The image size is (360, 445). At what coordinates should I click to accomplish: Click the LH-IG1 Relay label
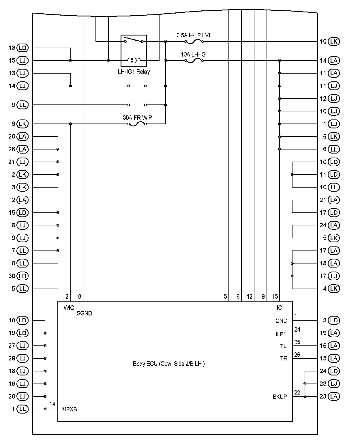(x=134, y=72)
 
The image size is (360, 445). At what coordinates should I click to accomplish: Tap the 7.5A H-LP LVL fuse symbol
(x=194, y=42)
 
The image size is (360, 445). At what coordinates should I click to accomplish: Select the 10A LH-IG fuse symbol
(x=194, y=61)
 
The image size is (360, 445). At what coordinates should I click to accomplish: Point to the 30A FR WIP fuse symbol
(x=137, y=124)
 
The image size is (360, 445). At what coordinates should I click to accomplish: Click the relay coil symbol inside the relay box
(x=134, y=60)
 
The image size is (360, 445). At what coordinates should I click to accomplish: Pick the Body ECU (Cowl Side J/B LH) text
(x=169, y=364)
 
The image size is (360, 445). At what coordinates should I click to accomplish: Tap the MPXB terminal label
(x=70, y=409)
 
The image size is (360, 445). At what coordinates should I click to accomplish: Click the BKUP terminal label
(x=280, y=397)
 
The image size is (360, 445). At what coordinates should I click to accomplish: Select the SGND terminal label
(x=84, y=313)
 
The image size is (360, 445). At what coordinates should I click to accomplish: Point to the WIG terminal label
(x=69, y=308)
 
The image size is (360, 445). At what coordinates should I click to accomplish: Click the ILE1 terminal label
(x=281, y=334)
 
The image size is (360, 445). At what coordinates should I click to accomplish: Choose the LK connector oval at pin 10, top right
(x=334, y=42)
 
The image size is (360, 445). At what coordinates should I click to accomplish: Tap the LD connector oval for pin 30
(x=22, y=276)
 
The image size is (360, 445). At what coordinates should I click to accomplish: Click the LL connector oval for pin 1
(x=22, y=409)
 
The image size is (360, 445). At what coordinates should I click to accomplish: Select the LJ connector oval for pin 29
(x=22, y=358)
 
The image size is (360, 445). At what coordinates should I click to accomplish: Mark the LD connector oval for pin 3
(x=334, y=320)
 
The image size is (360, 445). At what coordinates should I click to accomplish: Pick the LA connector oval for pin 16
(x=334, y=346)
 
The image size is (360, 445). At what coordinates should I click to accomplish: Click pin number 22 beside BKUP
(x=297, y=392)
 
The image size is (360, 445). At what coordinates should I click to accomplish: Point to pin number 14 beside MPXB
(x=52, y=404)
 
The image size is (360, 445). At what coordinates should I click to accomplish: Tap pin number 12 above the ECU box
(x=250, y=296)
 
